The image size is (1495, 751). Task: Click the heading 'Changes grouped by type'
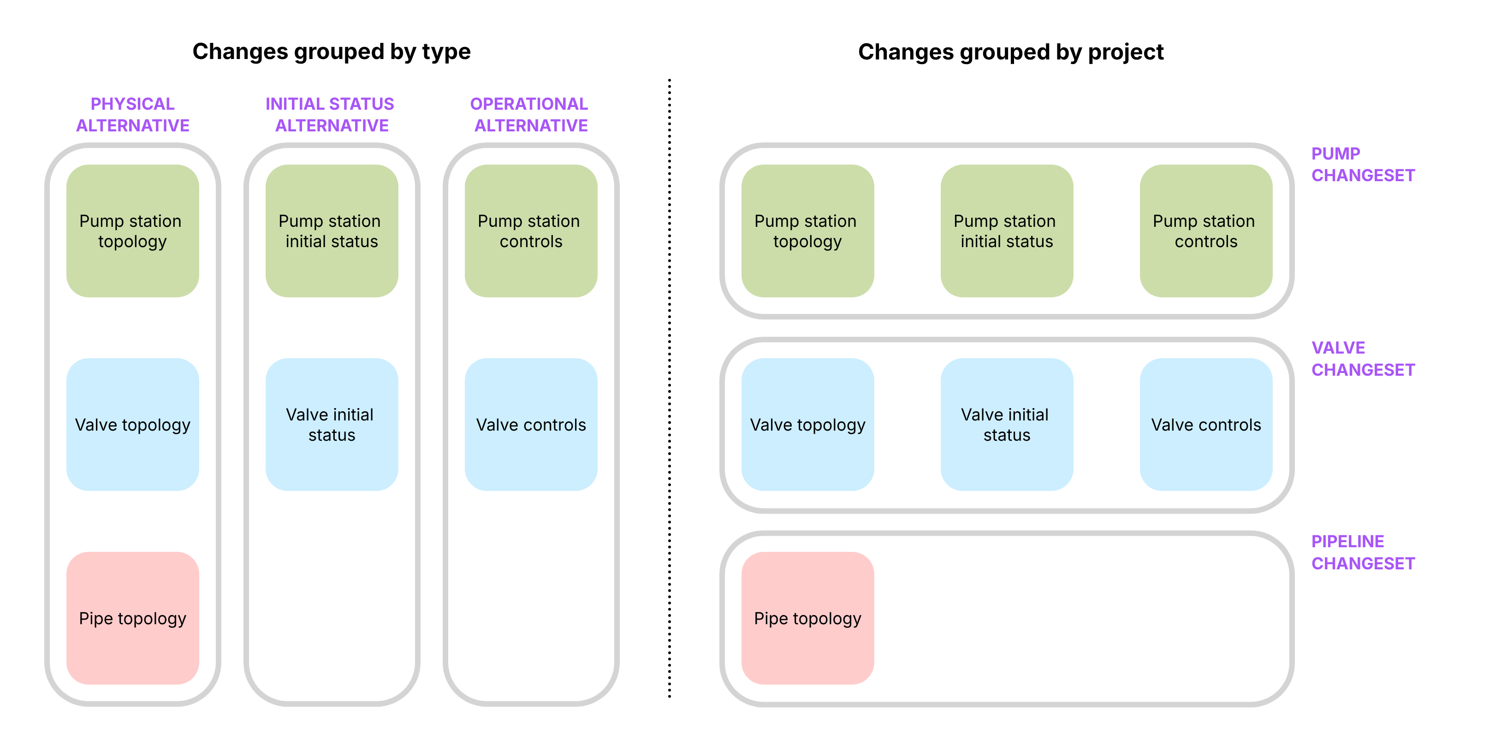click(x=332, y=52)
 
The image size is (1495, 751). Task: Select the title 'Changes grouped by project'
click(x=1010, y=52)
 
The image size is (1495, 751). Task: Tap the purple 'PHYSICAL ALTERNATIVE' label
click(x=132, y=114)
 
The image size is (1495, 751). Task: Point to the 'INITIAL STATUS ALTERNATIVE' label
click(x=331, y=114)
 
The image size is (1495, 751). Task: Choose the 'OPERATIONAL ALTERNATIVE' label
click(x=530, y=114)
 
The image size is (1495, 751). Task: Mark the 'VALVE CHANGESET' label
click(x=1362, y=359)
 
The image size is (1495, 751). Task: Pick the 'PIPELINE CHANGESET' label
click(x=1362, y=552)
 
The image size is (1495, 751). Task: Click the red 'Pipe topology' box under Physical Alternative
click(x=132, y=618)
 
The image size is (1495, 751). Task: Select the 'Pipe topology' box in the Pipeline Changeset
click(x=807, y=618)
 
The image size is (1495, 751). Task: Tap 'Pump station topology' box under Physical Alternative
click(x=132, y=231)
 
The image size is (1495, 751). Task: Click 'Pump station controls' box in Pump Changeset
click(x=1205, y=231)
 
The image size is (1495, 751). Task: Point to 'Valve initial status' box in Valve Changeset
click(x=1006, y=425)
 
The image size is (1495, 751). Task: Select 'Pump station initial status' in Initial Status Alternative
click(x=332, y=231)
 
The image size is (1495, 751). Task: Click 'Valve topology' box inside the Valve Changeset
click(x=807, y=425)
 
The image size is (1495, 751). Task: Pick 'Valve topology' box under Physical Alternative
click(x=132, y=425)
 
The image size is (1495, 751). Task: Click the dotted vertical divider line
click(x=669, y=389)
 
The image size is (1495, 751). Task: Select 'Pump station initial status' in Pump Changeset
click(x=1006, y=231)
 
